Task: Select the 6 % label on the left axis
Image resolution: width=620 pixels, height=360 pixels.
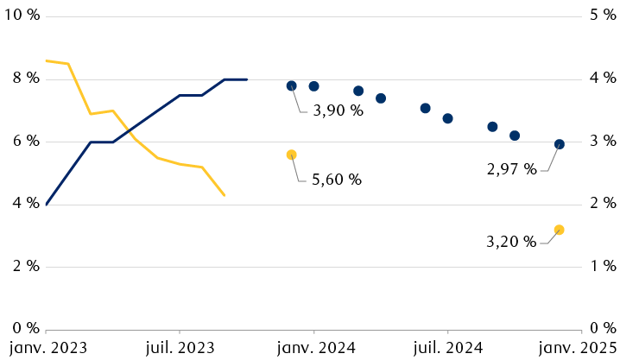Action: point(24,141)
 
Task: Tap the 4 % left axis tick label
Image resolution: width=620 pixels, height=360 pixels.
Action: point(24,204)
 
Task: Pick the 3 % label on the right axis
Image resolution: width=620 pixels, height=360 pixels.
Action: point(602,141)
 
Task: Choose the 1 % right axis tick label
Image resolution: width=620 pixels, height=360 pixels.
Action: point(602,266)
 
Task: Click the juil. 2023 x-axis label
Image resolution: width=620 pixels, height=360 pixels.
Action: point(180,347)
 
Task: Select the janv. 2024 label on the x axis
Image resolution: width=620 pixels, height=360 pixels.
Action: point(314,347)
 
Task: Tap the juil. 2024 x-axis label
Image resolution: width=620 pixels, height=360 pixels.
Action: point(448,347)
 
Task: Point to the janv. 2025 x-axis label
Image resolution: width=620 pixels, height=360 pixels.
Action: point(579,347)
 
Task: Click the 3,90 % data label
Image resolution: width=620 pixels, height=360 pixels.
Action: point(338,111)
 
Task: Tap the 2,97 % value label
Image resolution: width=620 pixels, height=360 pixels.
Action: point(512,170)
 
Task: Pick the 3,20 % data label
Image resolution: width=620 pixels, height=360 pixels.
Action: point(512,242)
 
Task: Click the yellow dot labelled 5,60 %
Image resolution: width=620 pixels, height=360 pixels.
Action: point(292,155)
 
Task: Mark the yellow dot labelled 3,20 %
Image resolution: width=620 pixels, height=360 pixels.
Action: point(560,230)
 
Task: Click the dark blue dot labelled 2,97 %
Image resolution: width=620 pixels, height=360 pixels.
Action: point(560,144)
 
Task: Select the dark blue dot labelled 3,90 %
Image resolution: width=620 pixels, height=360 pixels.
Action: point(292,85)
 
